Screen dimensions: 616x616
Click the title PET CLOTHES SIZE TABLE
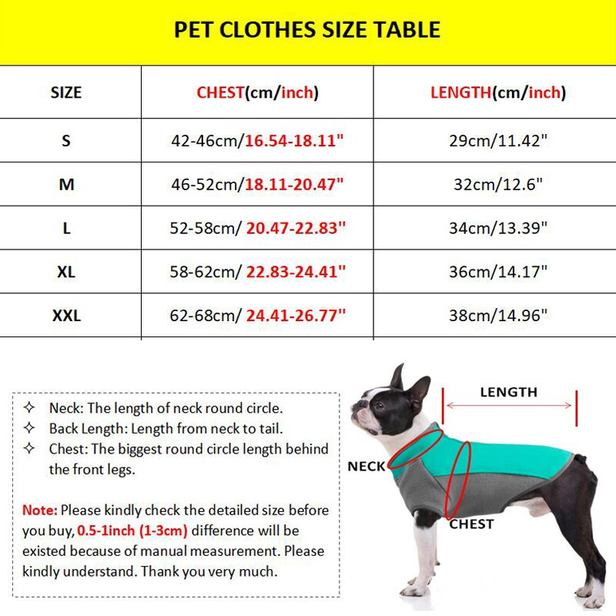coord(307,30)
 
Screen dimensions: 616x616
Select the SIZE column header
coord(66,93)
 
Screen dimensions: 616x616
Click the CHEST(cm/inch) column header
coord(257,93)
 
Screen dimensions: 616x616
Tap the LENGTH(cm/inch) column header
coord(497,93)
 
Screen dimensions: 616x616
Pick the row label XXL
coord(66,316)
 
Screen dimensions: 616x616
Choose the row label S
coord(66,141)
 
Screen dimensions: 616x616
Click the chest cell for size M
coord(257,185)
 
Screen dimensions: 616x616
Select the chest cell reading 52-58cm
coord(257,229)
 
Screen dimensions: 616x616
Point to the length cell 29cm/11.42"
coord(497,141)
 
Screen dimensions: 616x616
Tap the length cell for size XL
coord(497,272)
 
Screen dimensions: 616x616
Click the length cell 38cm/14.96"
coord(497,316)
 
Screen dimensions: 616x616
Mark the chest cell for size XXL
coord(257,316)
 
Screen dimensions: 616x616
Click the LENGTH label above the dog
coord(508,392)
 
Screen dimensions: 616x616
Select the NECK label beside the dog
coord(366,467)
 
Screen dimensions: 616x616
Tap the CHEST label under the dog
coord(471,524)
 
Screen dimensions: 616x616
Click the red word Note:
coord(39,511)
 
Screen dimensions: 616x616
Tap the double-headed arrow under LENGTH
coord(509,406)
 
